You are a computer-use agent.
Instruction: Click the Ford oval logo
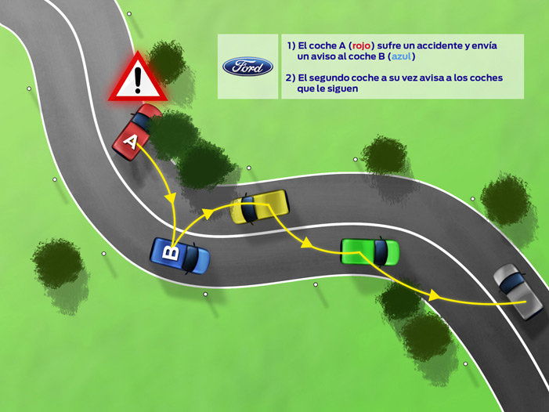click(x=247, y=67)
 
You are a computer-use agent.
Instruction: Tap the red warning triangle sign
click(x=138, y=78)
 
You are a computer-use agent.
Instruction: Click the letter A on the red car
click(x=130, y=142)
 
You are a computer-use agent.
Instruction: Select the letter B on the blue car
click(x=172, y=253)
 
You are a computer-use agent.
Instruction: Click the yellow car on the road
click(x=259, y=207)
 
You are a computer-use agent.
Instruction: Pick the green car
click(x=370, y=251)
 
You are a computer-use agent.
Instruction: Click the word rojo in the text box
click(x=361, y=45)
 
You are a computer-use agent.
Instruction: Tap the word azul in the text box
click(x=401, y=56)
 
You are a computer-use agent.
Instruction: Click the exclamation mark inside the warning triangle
click(x=138, y=80)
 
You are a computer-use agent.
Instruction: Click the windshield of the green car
click(x=381, y=251)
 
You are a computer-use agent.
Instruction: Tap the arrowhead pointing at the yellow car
click(x=208, y=214)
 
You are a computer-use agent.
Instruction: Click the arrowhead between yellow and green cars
click(x=307, y=243)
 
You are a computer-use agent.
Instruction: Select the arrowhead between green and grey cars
click(x=434, y=295)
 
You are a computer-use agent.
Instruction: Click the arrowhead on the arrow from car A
click(x=171, y=197)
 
